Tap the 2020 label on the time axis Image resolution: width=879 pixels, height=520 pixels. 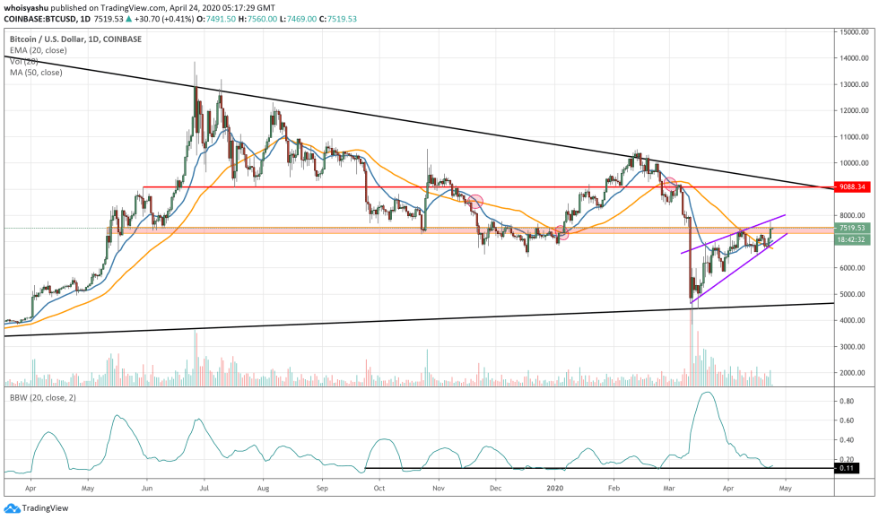[x=556, y=490]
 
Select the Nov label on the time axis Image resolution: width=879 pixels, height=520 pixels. [x=439, y=490]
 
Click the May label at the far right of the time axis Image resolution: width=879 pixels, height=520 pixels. [x=784, y=490]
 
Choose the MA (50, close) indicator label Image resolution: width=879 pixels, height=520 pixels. [x=35, y=72]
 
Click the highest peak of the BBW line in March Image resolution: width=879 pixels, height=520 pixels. [x=707, y=393]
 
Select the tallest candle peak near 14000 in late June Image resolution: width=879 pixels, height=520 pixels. [x=196, y=63]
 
